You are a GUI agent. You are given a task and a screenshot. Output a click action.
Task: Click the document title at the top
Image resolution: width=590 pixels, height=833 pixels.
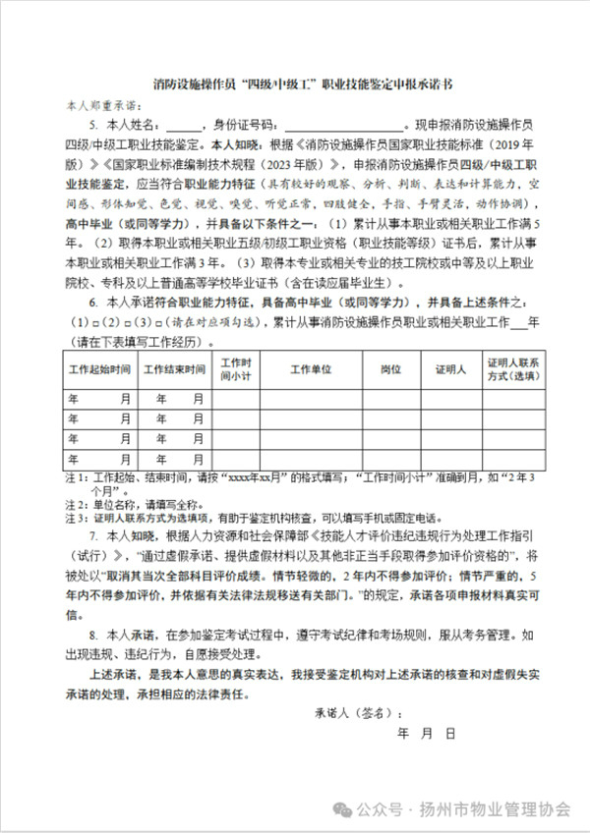coord(295,86)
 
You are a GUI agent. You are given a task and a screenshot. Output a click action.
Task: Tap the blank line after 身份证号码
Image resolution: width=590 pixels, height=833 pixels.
coord(342,125)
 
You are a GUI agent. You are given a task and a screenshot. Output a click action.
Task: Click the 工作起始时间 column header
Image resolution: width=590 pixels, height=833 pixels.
coord(99,369)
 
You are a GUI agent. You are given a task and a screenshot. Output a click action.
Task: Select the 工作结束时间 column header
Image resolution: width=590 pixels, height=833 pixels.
coord(174,369)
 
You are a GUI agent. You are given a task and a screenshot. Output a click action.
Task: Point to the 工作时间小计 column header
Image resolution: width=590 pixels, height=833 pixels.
coord(237,369)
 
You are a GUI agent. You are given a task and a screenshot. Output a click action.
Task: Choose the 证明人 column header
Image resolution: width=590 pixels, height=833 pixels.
coord(450,369)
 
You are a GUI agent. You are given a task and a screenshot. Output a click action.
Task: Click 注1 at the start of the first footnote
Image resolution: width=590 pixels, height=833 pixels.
coord(72,477)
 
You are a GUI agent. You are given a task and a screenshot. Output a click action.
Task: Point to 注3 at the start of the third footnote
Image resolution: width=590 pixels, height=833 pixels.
coord(72,516)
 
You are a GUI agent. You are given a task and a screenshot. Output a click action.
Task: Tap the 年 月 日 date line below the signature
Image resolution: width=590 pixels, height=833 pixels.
coord(426,733)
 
